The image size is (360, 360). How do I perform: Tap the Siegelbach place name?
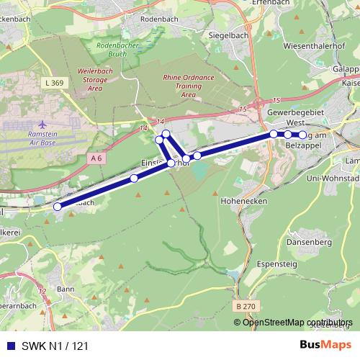(207, 35)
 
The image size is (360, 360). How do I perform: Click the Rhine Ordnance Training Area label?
(179, 85)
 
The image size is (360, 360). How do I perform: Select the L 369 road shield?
(53, 84)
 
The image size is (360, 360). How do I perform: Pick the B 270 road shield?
(244, 306)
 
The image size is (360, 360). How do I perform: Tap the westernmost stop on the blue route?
(58, 206)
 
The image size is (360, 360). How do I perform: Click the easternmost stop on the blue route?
(302, 135)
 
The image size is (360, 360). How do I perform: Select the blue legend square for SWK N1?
(9, 346)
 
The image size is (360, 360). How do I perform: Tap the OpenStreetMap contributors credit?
(297, 322)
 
